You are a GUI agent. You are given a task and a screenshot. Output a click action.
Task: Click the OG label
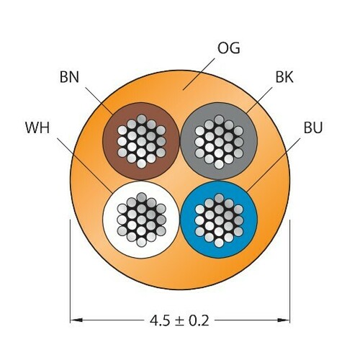point(228,48)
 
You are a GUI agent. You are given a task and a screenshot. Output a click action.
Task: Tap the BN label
point(69,77)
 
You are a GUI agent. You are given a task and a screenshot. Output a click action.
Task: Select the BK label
point(284,77)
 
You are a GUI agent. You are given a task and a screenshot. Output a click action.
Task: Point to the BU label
point(313,127)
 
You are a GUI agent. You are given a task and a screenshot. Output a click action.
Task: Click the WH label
point(37,127)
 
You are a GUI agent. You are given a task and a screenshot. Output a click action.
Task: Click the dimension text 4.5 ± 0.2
point(179,320)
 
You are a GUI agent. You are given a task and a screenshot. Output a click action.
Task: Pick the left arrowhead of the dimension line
point(76,320)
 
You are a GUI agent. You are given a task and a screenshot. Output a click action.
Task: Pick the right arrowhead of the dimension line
point(284,320)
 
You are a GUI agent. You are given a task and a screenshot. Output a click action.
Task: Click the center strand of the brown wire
point(141,141)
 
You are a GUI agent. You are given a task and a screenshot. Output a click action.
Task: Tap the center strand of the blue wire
point(219,220)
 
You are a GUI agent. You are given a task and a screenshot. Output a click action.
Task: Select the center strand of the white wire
point(141,220)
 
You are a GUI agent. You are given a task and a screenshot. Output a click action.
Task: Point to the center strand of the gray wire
point(219,141)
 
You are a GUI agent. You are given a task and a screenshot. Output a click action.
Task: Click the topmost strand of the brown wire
point(142,119)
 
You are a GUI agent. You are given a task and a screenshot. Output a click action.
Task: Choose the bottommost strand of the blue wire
point(219,243)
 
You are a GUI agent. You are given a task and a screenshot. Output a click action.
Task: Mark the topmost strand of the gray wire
point(219,120)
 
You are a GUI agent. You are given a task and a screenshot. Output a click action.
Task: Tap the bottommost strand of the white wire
point(141,242)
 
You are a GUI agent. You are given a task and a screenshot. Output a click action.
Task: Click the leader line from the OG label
point(199,74)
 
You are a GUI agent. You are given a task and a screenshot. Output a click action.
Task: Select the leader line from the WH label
point(84,165)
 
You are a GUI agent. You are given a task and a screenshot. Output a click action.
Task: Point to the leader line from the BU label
point(274,165)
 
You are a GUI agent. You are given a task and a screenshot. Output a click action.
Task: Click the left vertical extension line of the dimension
point(70,271)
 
